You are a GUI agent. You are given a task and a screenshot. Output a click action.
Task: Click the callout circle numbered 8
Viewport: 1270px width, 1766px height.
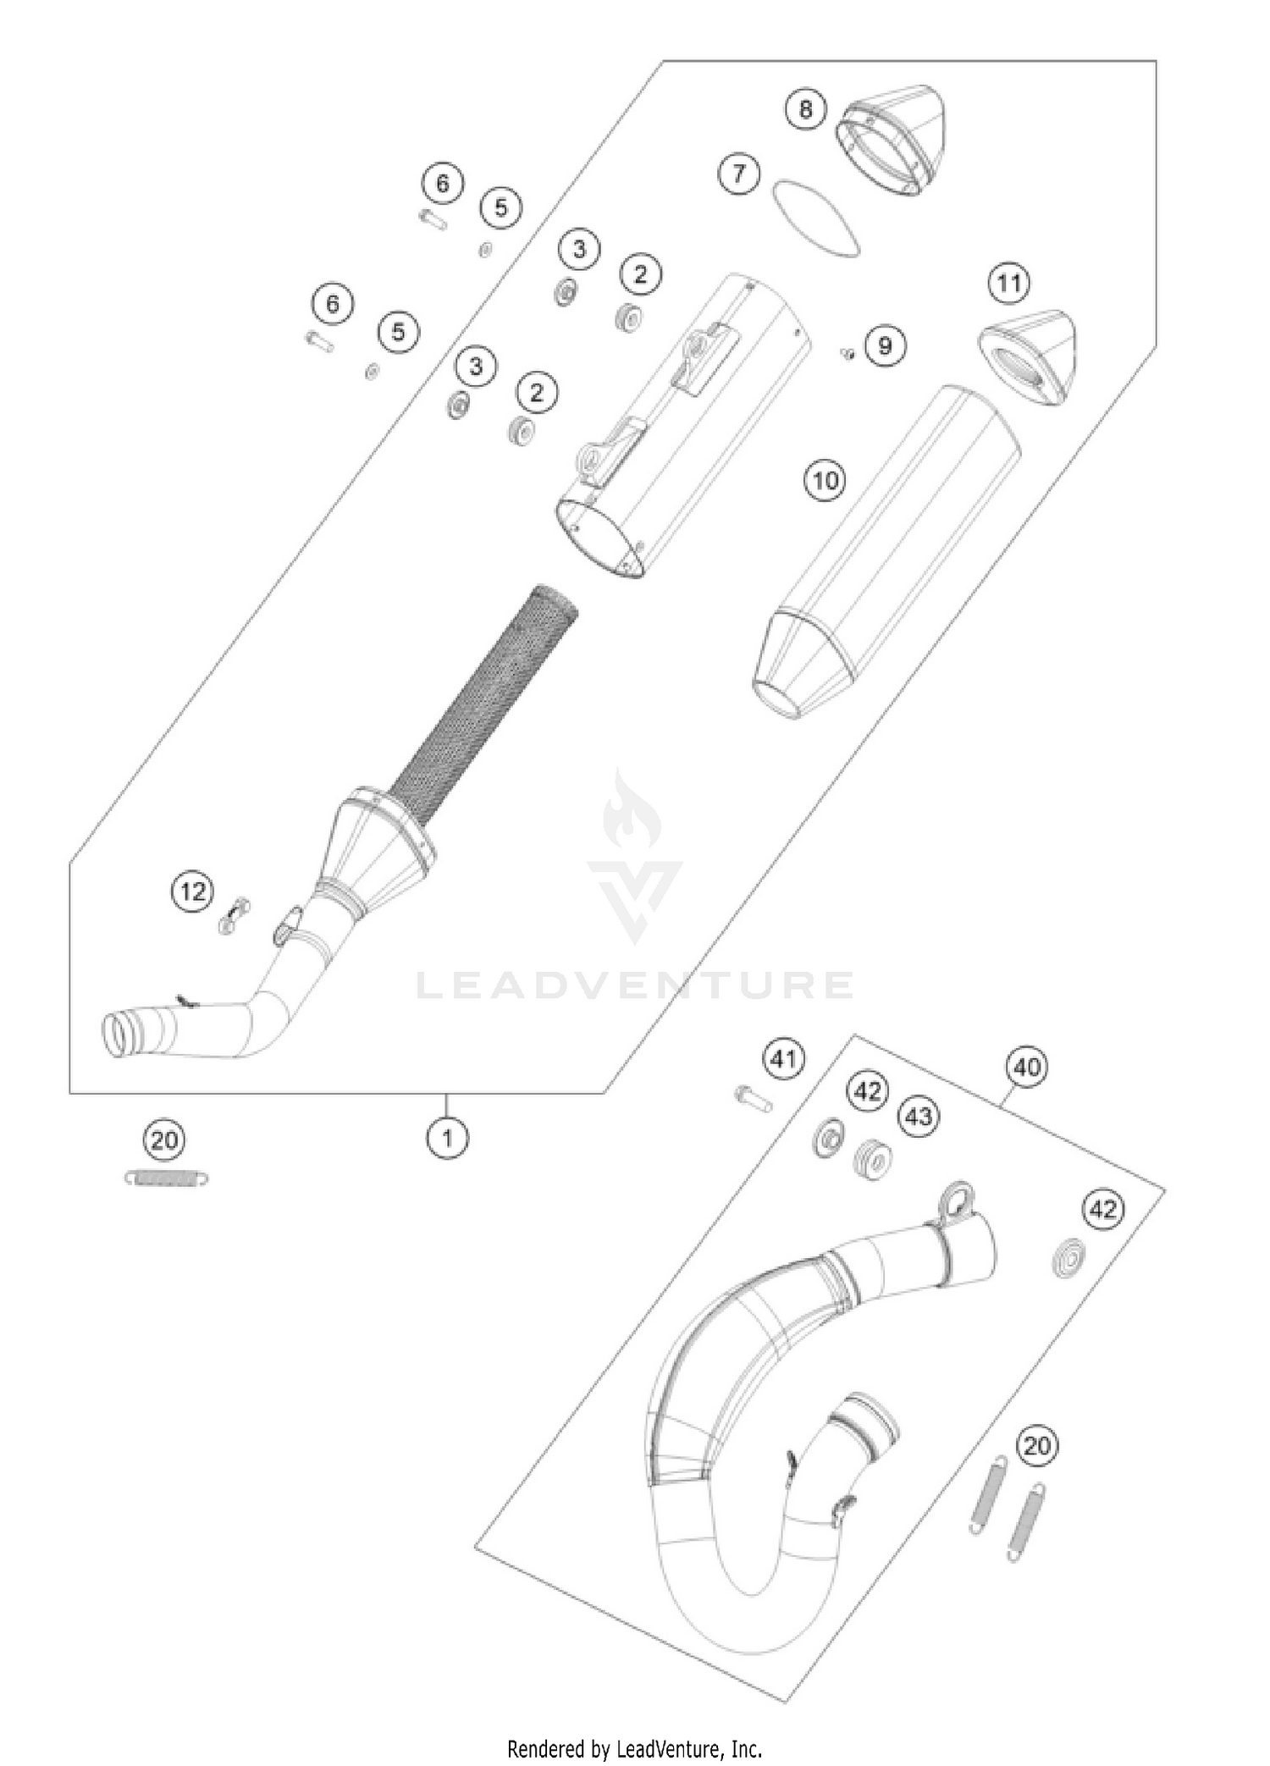805,108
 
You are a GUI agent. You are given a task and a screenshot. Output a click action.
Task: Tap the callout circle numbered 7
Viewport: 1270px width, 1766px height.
739,174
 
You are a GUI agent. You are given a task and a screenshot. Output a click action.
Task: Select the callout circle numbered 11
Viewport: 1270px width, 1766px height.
1008,282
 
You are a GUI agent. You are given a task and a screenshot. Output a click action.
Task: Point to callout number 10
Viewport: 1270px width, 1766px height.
825,481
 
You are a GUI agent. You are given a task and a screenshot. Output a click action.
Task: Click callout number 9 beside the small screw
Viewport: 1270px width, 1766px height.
885,345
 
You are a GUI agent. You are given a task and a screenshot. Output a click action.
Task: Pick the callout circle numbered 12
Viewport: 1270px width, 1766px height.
193,891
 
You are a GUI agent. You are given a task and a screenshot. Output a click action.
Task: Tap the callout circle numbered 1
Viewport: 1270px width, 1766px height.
447,1139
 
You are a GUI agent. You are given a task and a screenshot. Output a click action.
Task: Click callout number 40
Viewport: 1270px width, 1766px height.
1026,1067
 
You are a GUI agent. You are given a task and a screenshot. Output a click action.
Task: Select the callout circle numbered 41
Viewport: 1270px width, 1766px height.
783,1059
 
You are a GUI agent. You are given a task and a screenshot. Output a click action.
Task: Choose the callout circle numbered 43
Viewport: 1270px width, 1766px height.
919,1117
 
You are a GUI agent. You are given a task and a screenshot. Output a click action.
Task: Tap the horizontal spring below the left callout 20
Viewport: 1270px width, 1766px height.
167,1177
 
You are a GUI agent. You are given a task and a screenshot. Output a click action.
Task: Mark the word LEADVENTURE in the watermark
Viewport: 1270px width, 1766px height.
635,985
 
